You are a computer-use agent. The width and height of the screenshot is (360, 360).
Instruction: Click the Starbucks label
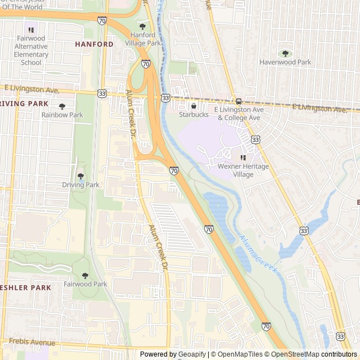coord(193,115)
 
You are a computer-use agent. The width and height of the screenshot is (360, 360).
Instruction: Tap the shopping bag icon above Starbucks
coord(193,106)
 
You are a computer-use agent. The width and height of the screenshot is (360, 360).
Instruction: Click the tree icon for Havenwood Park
coord(285,53)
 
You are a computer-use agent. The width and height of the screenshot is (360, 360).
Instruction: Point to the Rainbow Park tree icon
coord(62,106)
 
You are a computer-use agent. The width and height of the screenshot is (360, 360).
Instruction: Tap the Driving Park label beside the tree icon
coord(80,184)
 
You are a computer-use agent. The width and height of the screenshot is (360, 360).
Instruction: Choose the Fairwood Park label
coord(85,284)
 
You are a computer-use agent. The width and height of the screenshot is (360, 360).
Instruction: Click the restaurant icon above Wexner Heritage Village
coord(244,158)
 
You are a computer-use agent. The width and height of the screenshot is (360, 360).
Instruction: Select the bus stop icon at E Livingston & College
coord(239,101)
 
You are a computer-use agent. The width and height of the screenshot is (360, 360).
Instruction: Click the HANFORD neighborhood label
coord(94,44)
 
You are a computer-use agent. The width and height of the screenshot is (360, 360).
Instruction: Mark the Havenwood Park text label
coord(285,62)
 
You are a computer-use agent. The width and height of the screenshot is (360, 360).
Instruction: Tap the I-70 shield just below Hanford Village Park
coord(146,64)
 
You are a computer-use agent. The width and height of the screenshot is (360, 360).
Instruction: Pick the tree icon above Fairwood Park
coord(85,276)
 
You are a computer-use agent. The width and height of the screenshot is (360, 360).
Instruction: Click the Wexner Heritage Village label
coord(244,170)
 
